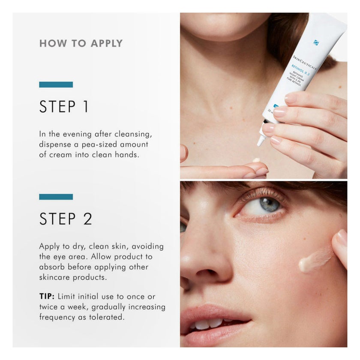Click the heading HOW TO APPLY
(81, 43)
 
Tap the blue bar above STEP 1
(56, 84)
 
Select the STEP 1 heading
(64, 107)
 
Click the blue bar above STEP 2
(56, 197)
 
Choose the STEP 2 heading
(66, 219)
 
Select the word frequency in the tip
(57, 317)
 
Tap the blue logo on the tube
(316, 42)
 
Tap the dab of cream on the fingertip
(256, 160)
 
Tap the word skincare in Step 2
(56, 277)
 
